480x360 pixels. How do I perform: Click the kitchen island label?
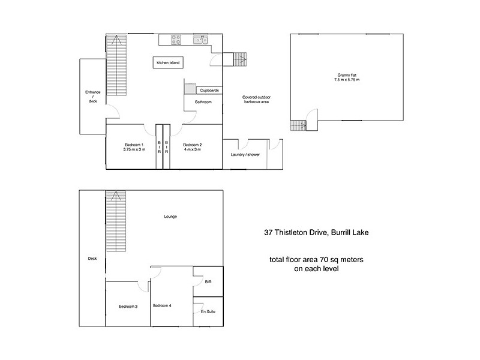click(168, 62)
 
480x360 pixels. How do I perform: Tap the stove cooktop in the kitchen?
click(177, 40)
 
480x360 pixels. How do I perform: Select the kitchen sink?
click(200, 40)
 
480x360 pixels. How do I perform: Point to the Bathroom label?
click(203, 102)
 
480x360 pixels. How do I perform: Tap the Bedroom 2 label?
click(191, 144)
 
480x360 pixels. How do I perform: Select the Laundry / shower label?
click(244, 155)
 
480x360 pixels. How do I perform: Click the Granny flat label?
click(346, 75)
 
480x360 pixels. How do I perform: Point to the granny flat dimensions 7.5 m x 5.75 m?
click(346, 80)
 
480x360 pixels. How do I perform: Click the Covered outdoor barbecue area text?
click(256, 100)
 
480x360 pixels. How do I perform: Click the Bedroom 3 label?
click(128, 306)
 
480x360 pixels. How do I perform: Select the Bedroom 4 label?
click(162, 305)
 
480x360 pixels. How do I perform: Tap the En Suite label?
click(208, 313)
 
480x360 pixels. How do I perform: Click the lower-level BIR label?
click(208, 280)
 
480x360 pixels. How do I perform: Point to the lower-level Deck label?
click(92, 259)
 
